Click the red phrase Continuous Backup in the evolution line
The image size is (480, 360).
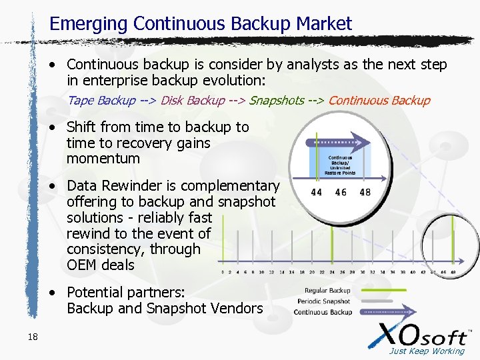coord(379,101)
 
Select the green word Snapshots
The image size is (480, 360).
coord(277,101)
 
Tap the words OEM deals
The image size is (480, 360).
coord(101,265)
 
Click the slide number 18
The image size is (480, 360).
coord(33,337)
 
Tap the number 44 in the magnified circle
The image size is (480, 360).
coord(316,193)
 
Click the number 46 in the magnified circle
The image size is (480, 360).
coord(341,193)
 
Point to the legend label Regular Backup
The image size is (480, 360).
coord(327,291)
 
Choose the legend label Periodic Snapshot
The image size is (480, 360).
coord(324,301)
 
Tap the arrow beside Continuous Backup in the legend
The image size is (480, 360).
coord(387,311)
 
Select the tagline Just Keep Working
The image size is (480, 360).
coord(427,351)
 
